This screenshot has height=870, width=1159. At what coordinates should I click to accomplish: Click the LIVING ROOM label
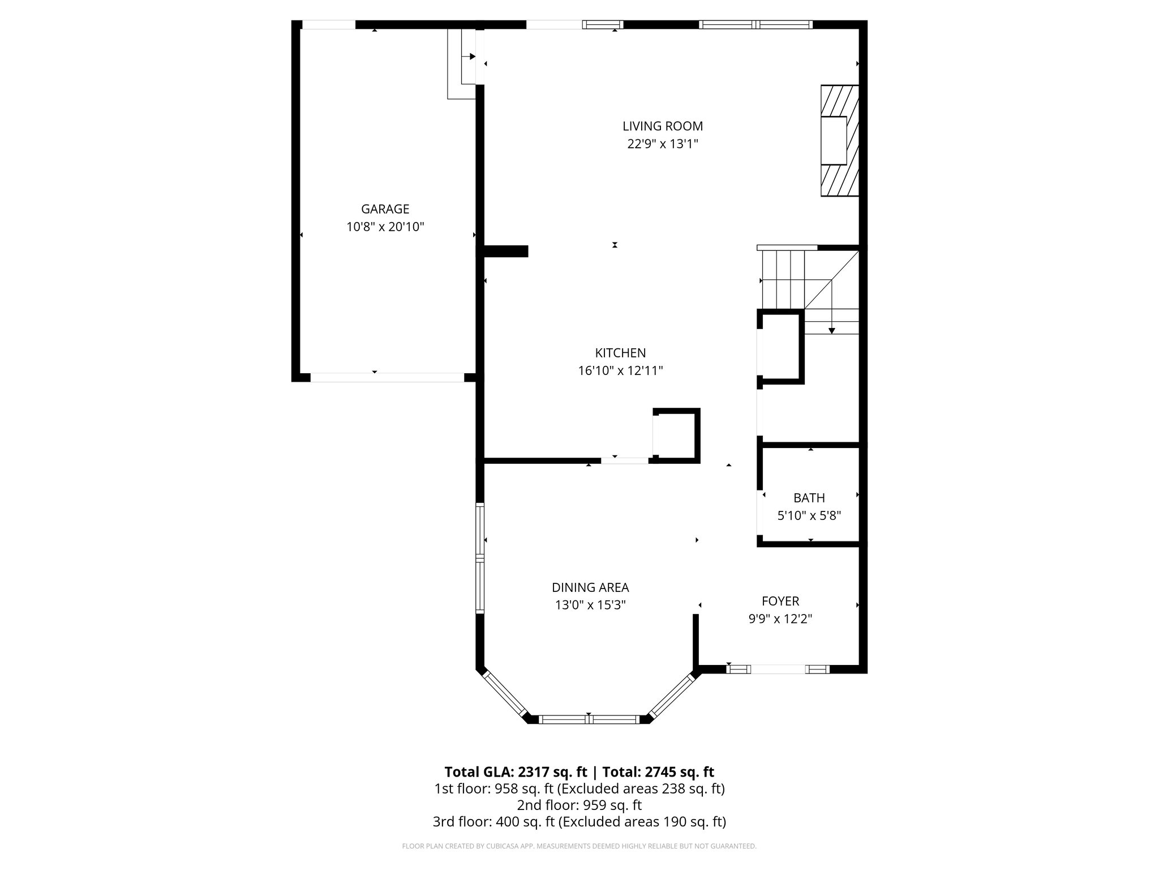click(662, 126)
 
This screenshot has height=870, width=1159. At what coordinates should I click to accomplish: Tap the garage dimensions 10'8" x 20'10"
click(385, 227)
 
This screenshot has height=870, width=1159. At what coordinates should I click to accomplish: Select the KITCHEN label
click(620, 353)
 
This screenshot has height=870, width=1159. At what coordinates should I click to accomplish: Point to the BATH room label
click(809, 498)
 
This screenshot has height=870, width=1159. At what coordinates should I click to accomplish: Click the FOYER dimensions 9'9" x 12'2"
click(780, 619)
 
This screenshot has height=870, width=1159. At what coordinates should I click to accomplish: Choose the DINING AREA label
click(590, 587)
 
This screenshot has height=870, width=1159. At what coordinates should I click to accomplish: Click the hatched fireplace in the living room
click(840, 140)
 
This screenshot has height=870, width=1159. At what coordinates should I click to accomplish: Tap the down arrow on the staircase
click(831, 329)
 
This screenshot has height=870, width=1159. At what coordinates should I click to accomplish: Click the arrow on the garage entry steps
click(471, 57)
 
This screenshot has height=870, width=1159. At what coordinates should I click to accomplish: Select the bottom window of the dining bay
click(589, 719)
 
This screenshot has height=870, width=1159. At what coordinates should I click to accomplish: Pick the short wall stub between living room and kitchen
click(505, 251)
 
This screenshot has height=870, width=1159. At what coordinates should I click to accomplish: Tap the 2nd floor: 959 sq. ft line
click(579, 805)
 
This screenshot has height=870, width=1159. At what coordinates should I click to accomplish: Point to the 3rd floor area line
click(579, 821)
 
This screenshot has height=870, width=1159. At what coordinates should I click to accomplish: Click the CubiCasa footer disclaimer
click(579, 846)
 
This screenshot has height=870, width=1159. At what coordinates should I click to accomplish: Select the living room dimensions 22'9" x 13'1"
click(662, 144)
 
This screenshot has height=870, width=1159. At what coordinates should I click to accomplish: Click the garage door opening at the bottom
click(387, 377)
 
